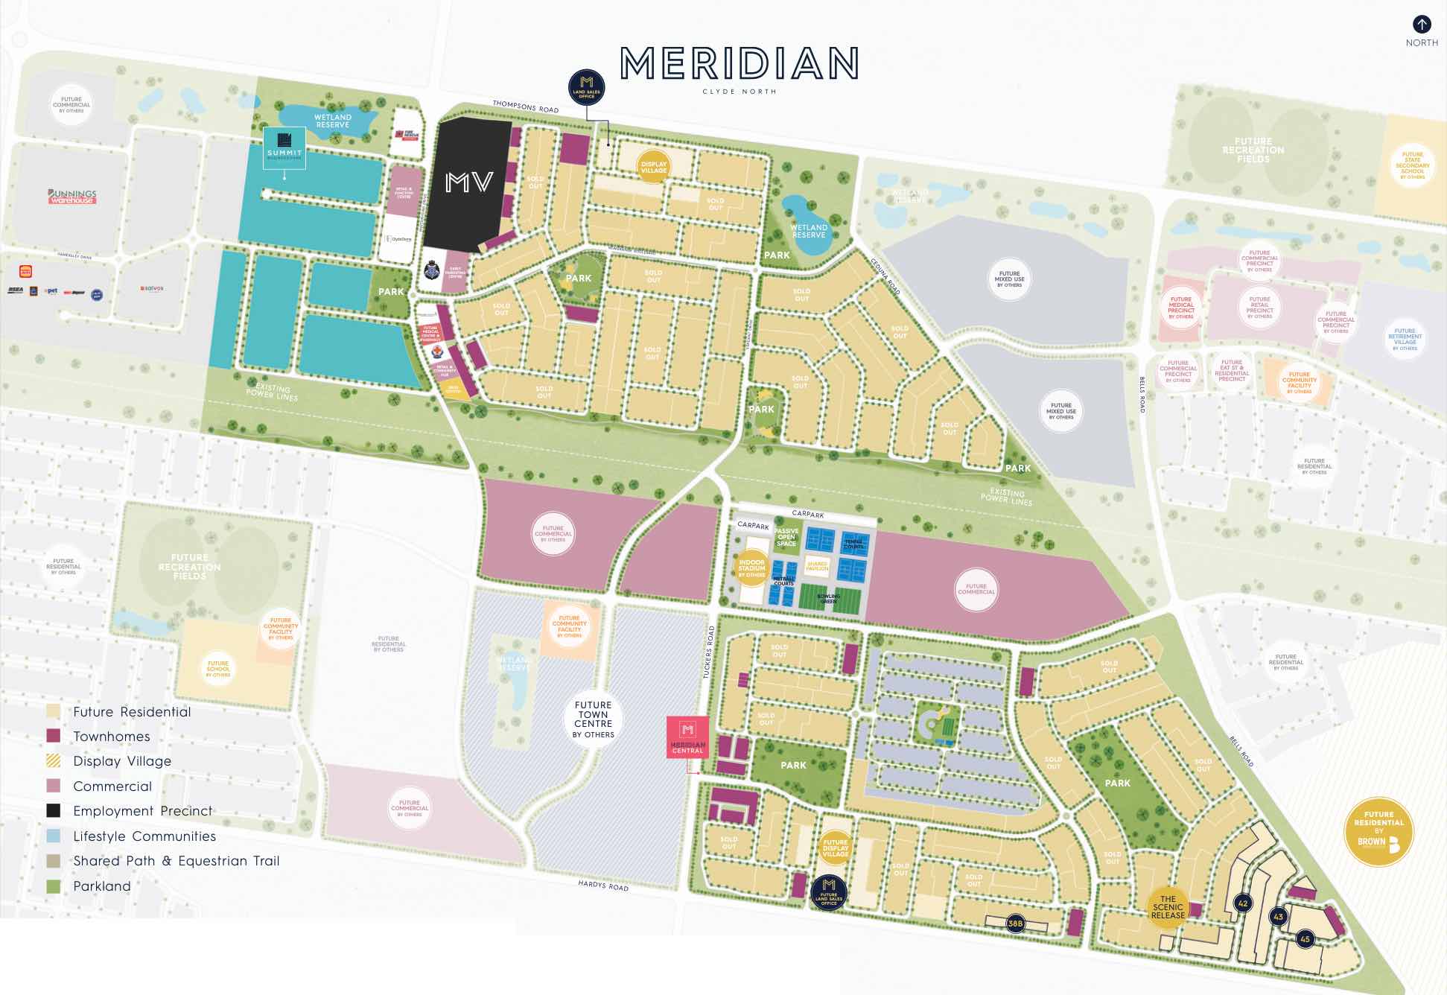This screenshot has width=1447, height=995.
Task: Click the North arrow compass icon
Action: [x=1422, y=25]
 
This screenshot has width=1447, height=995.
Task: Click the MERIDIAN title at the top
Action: [x=739, y=65]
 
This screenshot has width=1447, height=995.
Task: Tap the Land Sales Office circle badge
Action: [x=586, y=86]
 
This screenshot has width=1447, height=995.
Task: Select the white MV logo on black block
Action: [x=469, y=182]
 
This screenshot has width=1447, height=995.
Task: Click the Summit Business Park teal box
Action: [x=284, y=147]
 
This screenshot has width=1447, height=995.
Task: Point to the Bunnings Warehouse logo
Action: [x=72, y=197]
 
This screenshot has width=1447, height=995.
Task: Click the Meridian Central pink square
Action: [x=687, y=737]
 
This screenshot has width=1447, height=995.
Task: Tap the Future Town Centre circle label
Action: [x=594, y=719]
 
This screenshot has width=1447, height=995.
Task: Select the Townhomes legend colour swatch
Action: [x=54, y=737]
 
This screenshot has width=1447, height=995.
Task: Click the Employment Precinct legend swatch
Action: [x=54, y=811]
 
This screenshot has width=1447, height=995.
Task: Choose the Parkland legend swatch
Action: [x=54, y=886]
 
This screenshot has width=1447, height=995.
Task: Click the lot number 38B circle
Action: [x=1015, y=924]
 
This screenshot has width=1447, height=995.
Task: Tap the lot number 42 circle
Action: [x=1242, y=903]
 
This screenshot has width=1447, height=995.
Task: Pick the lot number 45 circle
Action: [x=1305, y=939]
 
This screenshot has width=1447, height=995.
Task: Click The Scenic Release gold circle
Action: [x=1168, y=907]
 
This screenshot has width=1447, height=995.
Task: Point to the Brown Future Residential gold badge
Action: [x=1378, y=832]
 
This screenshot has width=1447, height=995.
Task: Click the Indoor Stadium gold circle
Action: [x=751, y=568]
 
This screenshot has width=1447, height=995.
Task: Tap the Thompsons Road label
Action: [x=525, y=107]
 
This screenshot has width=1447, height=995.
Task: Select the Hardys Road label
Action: [x=603, y=886]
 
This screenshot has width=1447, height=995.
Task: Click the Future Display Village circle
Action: [x=835, y=848]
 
